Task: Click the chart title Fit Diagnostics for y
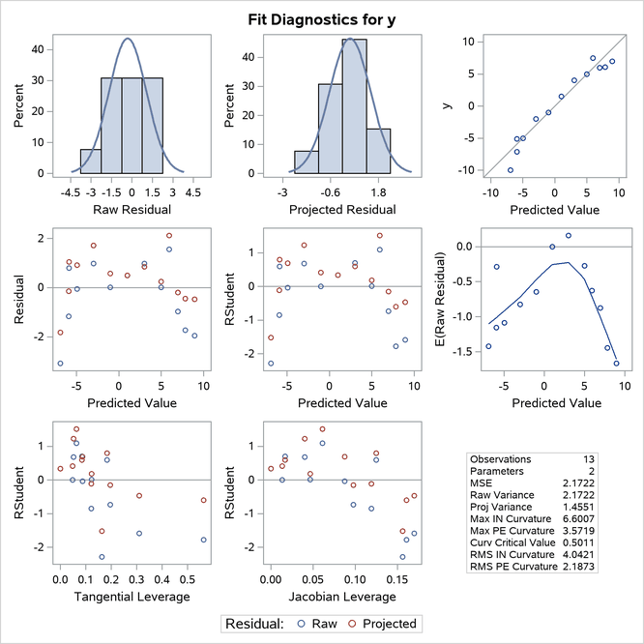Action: pyautogui.click(x=322, y=15)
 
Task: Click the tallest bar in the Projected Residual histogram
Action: pyautogui.click(x=353, y=106)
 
